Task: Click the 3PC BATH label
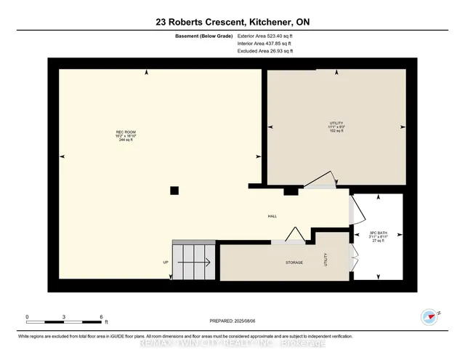click(x=376, y=235)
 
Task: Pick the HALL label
click(x=272, y=216)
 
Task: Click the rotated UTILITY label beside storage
click(x=326, y=260)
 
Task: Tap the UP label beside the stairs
click(x=166, y=262)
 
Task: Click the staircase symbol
click(x=193, y=260)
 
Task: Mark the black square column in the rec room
click(x=174, y=191)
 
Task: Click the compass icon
click(x=429, y=316)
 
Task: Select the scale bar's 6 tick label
click(x=102, y=317)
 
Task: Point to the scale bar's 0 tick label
click(x=27, y=317)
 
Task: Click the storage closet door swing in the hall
click(x=295, y=234)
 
